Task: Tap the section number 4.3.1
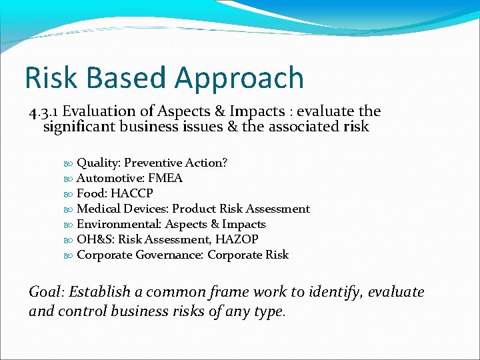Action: (x=43, y=111)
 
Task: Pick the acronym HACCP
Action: (x=132, y=193)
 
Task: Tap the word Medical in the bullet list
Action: (x=99, y=209)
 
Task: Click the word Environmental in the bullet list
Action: (x=119, y=224)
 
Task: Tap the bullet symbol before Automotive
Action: (x=69, y=179)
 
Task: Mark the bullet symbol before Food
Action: (x=69, y=194)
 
